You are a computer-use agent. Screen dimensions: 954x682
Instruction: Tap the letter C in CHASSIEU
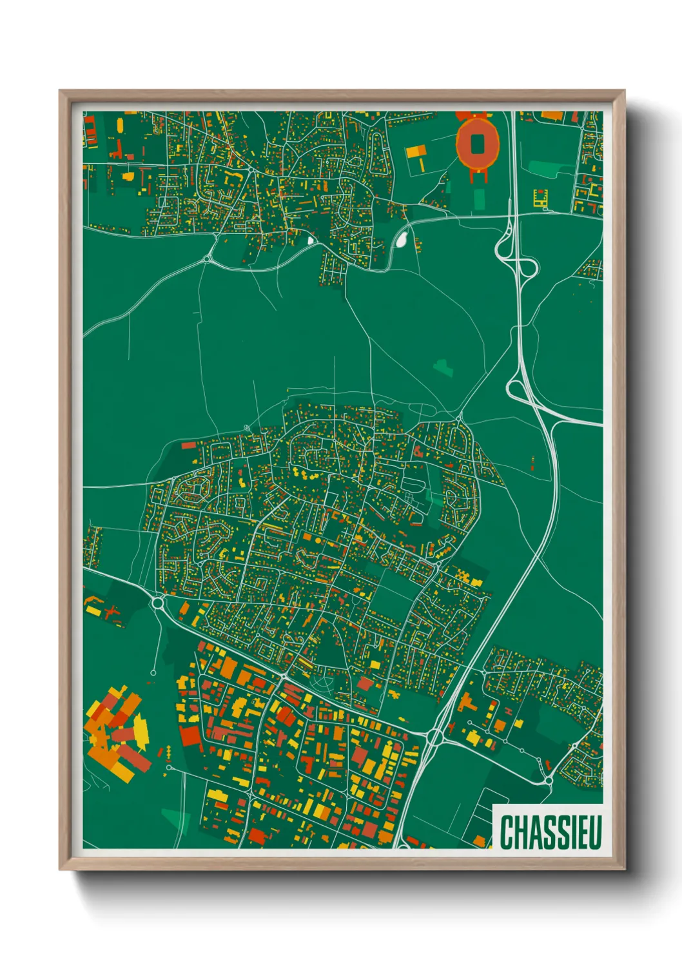coord(506,832)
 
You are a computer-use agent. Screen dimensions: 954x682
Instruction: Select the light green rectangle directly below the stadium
coord(478,199)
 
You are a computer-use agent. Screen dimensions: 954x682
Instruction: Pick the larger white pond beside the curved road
coord(401,239)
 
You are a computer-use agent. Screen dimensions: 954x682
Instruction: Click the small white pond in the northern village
coord(311,240)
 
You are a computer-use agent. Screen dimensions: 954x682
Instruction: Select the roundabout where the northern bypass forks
coord(208,259)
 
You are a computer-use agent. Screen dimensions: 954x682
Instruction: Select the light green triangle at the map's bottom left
coord(173,819)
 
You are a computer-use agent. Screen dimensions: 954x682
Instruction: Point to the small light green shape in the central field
coord(443,368)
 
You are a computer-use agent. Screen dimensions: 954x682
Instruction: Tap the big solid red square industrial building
coord(190,736)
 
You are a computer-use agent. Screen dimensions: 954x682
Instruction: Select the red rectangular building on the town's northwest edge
coord(188,445)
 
